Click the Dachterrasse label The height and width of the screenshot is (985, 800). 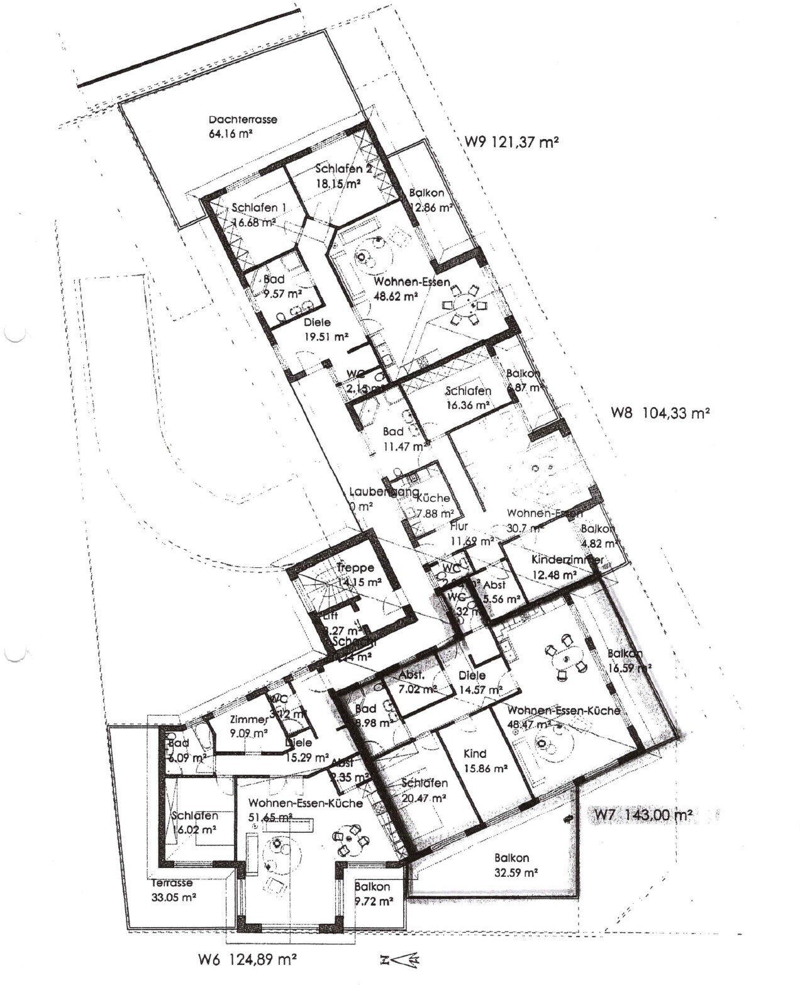coord(243,119)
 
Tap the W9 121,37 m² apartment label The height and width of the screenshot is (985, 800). coord(512,142)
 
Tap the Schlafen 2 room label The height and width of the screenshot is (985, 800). coord(339,169)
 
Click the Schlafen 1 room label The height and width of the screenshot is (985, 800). coord(258,208)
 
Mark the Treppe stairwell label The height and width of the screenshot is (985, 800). coord(355,567)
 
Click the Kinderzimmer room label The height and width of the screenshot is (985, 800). coord(567,559)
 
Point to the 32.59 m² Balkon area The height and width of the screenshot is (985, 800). coord(516,872)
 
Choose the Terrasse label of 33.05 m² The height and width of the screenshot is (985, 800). coord(172,883)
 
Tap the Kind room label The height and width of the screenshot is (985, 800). coord(475,754)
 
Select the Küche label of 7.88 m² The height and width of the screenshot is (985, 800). coord(433,498)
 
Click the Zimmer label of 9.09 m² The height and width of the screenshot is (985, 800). coord(249,720)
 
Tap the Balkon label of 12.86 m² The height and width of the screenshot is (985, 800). coord(426,193)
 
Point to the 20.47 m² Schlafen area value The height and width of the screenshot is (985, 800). coord(423,798)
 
